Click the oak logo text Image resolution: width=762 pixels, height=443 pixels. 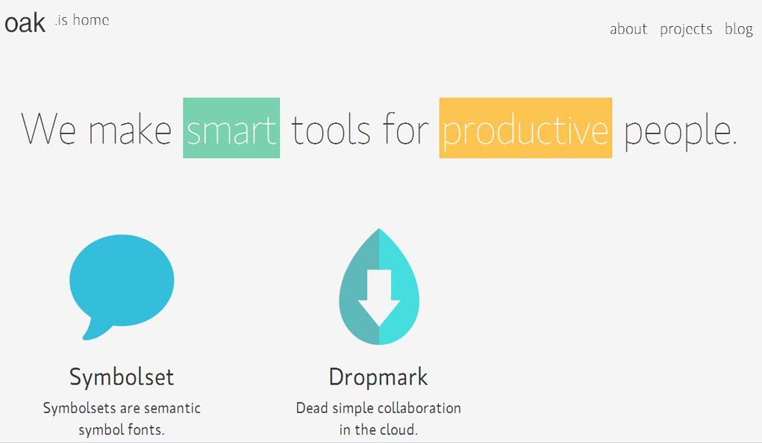[25, 24]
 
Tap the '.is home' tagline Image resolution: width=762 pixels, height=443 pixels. [81, 20]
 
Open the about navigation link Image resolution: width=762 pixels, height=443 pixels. [628, 29]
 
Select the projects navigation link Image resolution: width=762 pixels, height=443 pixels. [686, 30]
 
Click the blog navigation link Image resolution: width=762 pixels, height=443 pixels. [739, 30]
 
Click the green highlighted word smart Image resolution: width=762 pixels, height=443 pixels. [231, 128]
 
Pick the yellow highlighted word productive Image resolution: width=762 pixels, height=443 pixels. [525, 128]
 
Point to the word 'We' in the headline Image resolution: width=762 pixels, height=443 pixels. [49, 128]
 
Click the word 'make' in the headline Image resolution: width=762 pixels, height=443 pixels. [131, 128]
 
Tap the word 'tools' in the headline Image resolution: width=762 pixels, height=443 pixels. [331, 128]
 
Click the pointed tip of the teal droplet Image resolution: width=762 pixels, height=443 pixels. [379, 229]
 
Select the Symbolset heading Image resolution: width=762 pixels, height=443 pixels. [122, 377]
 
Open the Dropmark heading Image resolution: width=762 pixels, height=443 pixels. [378, 377]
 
